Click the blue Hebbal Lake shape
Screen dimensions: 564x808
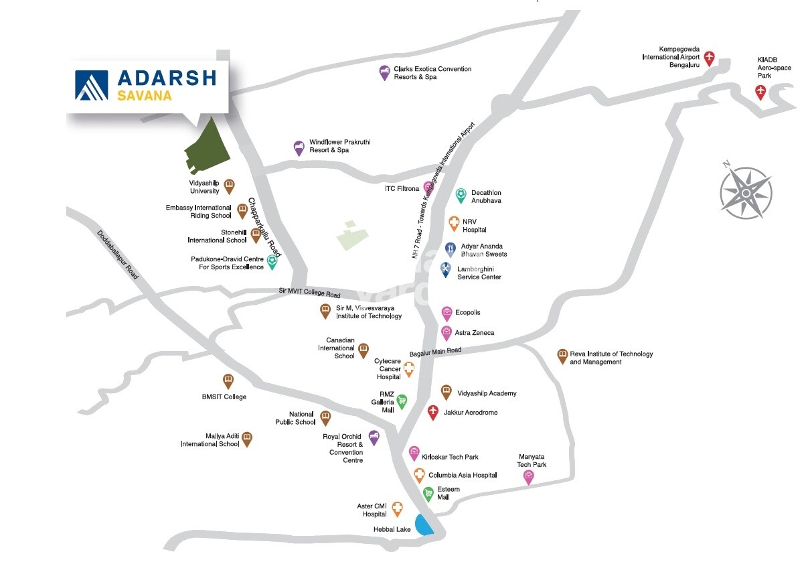click(x=424, y=524)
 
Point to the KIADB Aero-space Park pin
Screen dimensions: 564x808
click(x=760, y=92)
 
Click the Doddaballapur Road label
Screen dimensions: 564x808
click(x=118, y=255)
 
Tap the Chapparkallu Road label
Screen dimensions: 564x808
click(x=264, y=228)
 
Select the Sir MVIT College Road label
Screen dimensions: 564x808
click(x=309, y=293)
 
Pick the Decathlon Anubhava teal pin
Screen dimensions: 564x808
click(x=461, y=195)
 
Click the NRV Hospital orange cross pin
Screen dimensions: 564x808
click(x=453, y=223)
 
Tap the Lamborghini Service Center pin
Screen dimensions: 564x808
click(x=446, y=270)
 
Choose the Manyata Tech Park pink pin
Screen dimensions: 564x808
click(x=528, y=476)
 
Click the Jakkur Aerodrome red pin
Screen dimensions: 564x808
click(x=433, y=412)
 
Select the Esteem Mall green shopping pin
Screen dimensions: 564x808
click(x=428, y=494)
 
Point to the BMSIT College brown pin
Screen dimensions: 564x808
click(x=228, y=381)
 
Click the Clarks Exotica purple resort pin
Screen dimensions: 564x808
click(x=384, y=72)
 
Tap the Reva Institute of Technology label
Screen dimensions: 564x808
click(x=611, y=358)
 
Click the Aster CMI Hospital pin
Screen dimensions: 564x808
click(x=397, y=509)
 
